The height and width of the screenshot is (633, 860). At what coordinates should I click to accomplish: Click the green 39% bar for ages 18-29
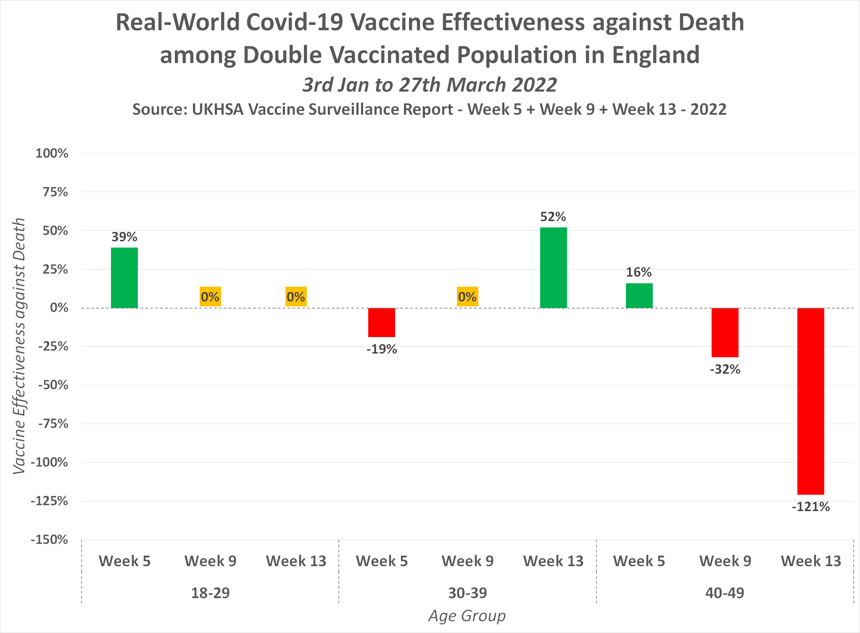pyautogui.click(x=124, y=277)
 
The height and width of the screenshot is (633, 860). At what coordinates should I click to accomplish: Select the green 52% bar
pyautogui.click(x=553, y=267)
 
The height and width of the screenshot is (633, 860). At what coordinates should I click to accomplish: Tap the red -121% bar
pyautogui.click(x=810, y=401)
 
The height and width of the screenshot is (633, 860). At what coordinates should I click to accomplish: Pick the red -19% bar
pyautogui.click(x=382, y=322)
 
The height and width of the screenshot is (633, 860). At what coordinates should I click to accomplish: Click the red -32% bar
pyautogui.click(x=725, y=332)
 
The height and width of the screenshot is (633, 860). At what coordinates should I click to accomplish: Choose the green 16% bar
pyautogui.click(x=639, y=295)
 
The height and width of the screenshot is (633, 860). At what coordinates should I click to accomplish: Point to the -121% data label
pyautogui.click(x=810, y=507)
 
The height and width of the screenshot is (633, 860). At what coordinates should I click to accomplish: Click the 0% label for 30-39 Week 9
pyautogui.click(x=467, y=297)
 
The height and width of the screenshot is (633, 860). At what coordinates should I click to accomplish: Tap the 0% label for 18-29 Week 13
pyautogui.click(x=296, y=297)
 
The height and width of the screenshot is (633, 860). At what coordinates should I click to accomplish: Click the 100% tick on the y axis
pyautogui.click(x=52, y=153)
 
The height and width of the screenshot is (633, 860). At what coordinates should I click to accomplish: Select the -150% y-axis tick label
pyautogui.click(x=49, y=540)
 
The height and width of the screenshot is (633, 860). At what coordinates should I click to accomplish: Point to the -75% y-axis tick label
pyautogui.click(x=53, y=424)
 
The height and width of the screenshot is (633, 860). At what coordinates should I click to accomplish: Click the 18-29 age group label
pyautogui.click(x=210, y=593)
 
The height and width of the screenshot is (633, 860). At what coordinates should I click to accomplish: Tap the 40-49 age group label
pyautogui.click(x=725, y=593)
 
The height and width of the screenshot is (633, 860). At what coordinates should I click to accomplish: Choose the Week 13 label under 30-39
pyautogui.click(x=553, y=561)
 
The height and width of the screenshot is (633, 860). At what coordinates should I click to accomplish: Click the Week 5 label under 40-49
pyautogui.click(x=639, y=561)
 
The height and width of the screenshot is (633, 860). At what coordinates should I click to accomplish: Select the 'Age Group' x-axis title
pyautogui.click(x=467, y=616)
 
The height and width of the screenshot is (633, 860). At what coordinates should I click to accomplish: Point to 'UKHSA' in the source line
pyautogui.click(x=217, y=109)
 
